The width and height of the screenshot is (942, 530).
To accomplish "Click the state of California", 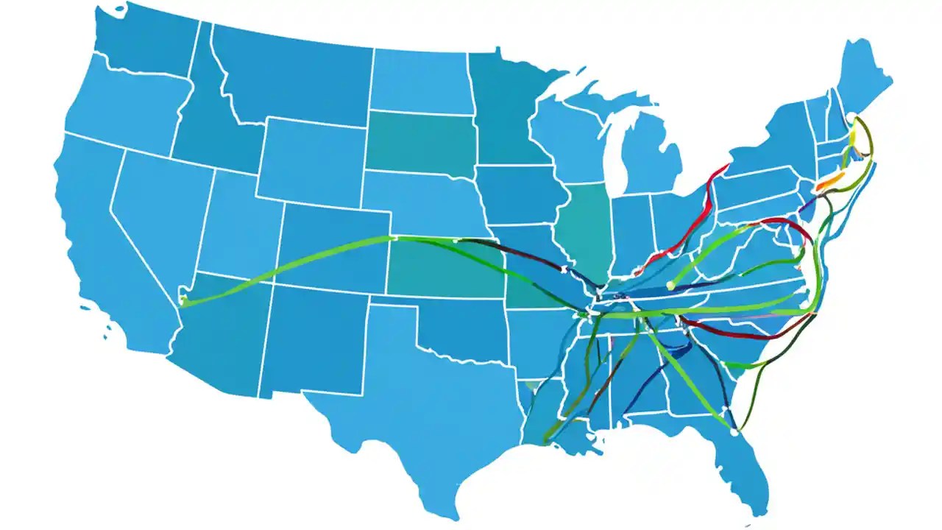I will tap(110, 243).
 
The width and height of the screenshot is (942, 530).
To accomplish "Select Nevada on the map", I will tap(158, 213).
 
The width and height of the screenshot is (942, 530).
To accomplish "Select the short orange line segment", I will tap(827, 181).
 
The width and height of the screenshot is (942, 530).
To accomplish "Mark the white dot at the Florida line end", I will tap(733, 433).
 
